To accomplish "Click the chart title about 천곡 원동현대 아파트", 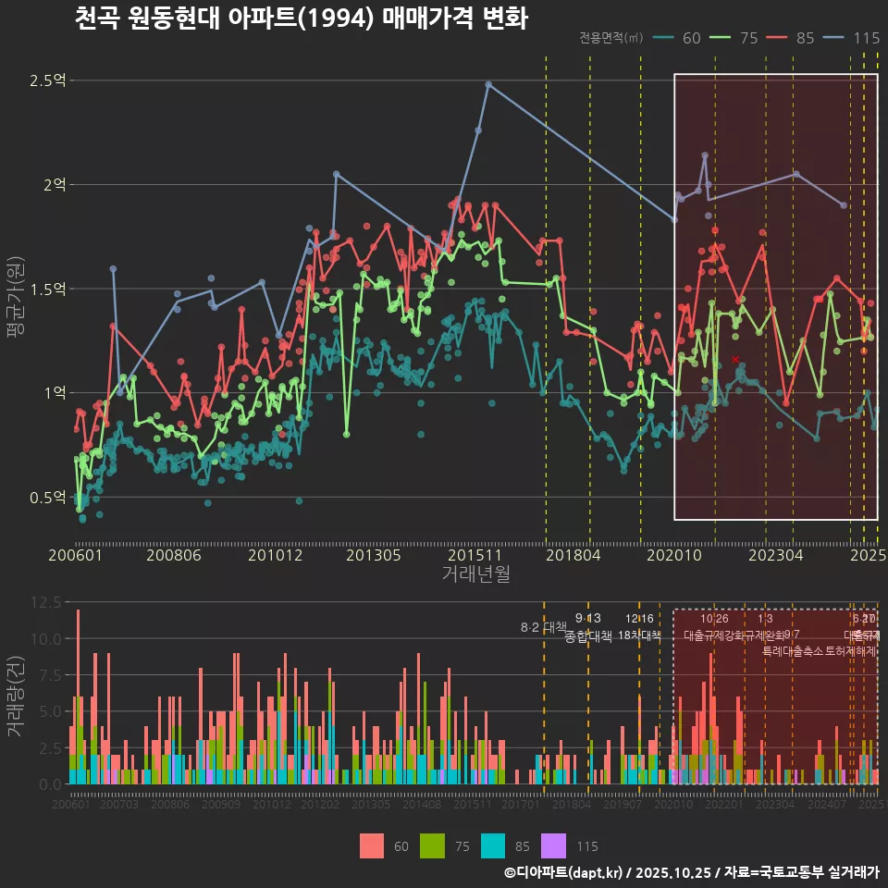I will point(301,18).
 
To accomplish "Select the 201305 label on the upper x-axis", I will point(373,555).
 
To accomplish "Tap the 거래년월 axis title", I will point(475,574).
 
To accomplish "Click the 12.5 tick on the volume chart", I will point(45,602).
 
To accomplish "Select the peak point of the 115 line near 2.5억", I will point(488,84).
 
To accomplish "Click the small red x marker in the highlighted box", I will point(735,359).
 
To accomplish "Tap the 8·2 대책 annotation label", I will point(543,628).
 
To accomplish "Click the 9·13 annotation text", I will point(587,619).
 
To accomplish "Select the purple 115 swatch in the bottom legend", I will point(552,845).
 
